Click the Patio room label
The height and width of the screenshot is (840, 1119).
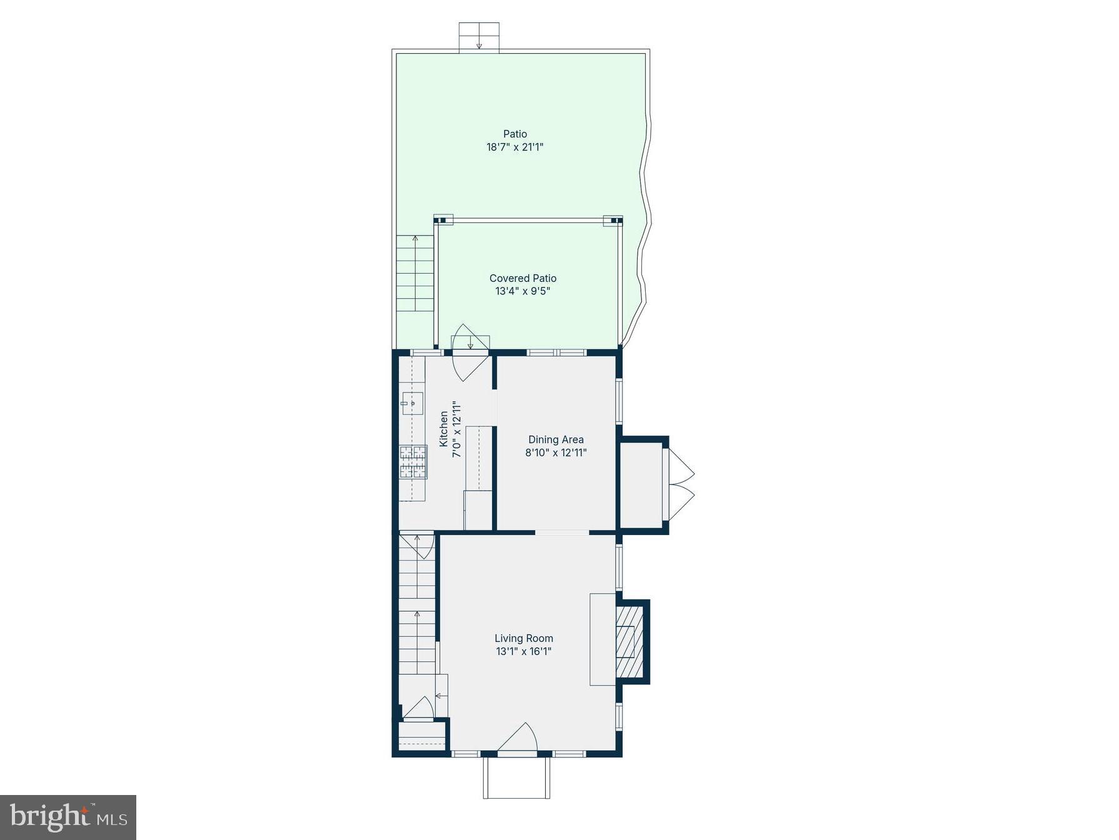pyautogui.click(x=515, y=134)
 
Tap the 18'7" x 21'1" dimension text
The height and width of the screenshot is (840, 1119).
pyautogui.click(x=515, y=147)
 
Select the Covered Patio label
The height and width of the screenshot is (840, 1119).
pyautogui.click(x=523, y=278)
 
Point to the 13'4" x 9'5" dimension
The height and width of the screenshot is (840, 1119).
pyautogui.click(x=523, y=291)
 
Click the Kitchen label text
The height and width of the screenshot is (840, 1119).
pyautogui.click(x=444, y=429)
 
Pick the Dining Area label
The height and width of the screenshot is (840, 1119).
pyautogui.click(x=556, y=439)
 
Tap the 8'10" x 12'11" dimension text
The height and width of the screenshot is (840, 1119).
pyautogui.click(x=556, y=452)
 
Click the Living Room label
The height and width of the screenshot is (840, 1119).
pyautogui.click(x=524, y=638)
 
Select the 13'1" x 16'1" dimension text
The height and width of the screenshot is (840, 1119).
pyautogui.click(x=524, y=651)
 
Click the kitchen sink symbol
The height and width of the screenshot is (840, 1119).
pyautogui.click(x=412, y=403)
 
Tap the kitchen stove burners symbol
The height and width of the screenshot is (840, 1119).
pyautogui.click(x=413, y=462)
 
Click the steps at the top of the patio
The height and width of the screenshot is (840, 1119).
pyautogui.click(x=479, y=37)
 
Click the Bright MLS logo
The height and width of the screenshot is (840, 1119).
pyautogui.click(x=68, y=817)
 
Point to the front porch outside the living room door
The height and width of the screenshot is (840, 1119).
pyautogui.click(x=516, y=777)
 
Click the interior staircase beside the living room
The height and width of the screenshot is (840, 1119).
pyautogui.click(x=417, y=619)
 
